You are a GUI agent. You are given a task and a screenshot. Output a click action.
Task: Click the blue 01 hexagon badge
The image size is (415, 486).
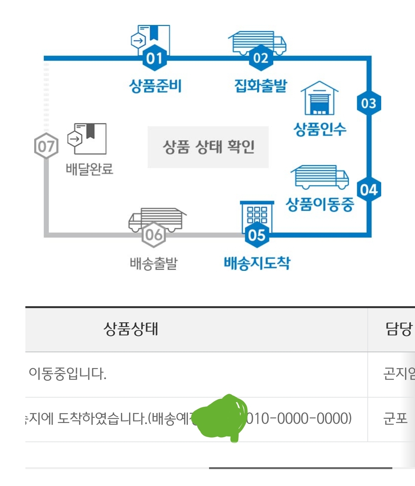coord(154,58)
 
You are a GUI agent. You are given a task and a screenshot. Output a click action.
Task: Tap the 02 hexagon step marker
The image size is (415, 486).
coord(261,58)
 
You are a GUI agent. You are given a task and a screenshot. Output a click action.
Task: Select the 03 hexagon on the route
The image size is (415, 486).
coord(369,103)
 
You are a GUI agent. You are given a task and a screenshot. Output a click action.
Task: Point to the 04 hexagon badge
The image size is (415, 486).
coord(369,190)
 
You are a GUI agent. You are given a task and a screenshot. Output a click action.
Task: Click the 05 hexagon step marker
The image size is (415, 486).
coord(257,235)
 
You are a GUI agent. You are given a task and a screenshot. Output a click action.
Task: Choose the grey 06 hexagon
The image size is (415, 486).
coord(154,234)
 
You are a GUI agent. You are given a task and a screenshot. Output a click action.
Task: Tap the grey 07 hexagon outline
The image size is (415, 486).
coord(46,146)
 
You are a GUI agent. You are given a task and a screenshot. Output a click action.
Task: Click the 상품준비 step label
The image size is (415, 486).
coord(155,86)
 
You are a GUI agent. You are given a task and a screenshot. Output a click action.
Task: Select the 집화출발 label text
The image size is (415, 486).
coord(261,85)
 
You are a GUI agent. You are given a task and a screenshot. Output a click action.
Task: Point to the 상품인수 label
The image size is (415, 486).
coord(320,129)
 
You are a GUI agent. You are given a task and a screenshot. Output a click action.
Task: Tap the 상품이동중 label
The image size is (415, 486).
coord(320,204)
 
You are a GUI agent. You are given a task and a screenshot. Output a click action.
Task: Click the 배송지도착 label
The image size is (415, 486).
coord(257,263)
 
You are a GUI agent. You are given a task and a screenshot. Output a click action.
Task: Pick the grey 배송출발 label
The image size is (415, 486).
coord(154,264)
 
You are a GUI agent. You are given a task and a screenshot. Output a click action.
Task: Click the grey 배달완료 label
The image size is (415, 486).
coord(90,169)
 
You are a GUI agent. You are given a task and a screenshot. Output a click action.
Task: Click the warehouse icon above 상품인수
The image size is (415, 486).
coord(319,99)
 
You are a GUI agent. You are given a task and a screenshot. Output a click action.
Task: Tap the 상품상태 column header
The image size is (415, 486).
coord(131,329)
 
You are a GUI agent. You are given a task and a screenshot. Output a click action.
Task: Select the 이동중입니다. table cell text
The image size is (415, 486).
coord(68,373)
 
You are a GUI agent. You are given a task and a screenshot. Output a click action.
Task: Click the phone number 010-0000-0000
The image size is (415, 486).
coord(298,418)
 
